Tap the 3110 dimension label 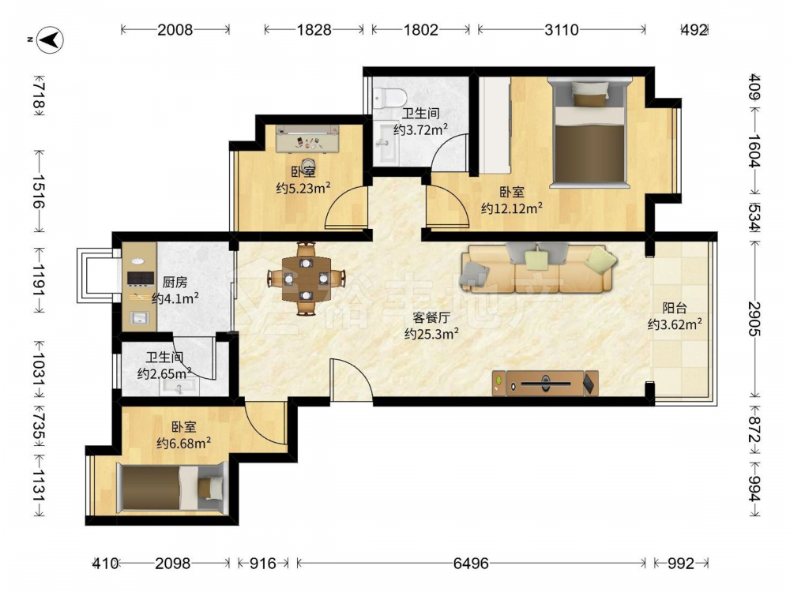click(561, 30)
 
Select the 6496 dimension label click(471, 563)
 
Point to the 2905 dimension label click(754, 319)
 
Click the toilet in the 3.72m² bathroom click(390, 97)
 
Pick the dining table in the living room click(307, 279)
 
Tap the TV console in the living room click(546, 384)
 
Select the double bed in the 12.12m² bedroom click(589, 132)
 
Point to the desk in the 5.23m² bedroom click(307, 138)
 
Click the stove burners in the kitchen click(140, 278)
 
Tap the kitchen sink click(138, 318)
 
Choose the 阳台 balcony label click(675, 308)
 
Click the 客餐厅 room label click(431, 317)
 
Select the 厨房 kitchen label click(175, 283)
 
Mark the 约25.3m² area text click(431, 333)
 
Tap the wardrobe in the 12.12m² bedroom click(495, 126)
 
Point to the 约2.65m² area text click(164, 373)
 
